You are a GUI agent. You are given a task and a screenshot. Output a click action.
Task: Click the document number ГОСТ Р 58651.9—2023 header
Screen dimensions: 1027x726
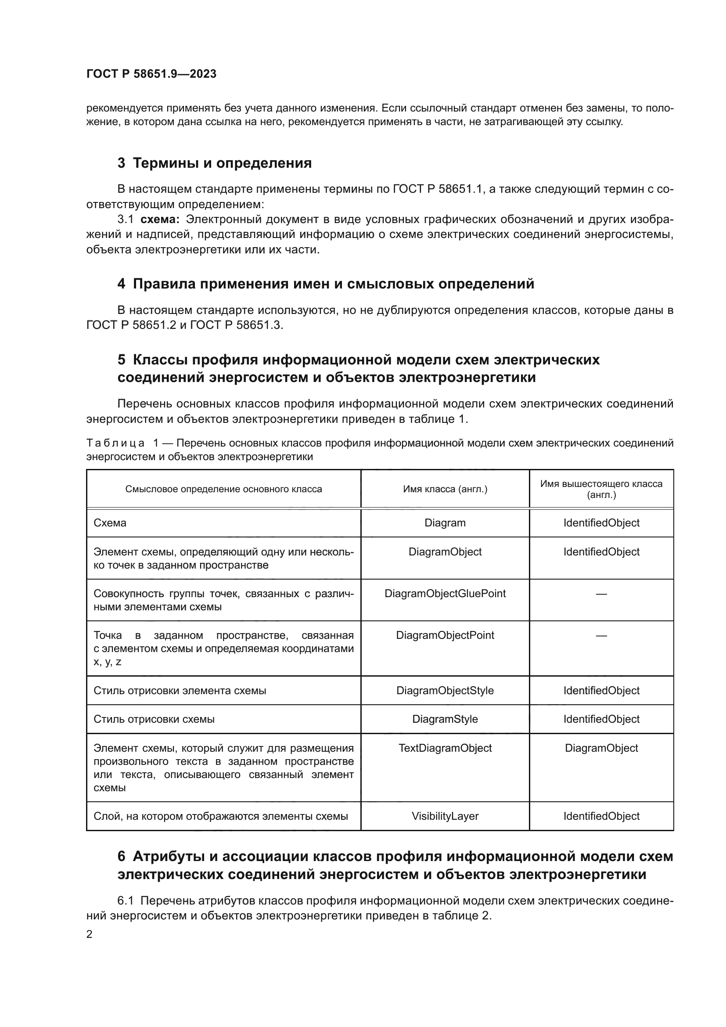pyautogui.click(x=151, y=74)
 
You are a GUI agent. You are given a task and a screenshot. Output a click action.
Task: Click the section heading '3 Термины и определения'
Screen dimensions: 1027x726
pyautogui.click(x=215, y=163)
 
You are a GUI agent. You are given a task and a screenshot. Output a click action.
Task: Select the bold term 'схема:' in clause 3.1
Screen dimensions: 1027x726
pyautogui.click(x=160, y=220)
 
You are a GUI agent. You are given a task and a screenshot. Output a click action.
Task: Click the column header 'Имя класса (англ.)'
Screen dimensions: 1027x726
pyautogui.click(x=445, y=489)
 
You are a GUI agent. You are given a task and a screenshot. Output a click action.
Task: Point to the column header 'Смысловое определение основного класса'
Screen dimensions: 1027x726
pyautogui.click(x=223, y=489)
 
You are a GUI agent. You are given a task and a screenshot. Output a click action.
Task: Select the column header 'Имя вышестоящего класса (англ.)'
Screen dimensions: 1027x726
pyautogui.click(x=601, y=489)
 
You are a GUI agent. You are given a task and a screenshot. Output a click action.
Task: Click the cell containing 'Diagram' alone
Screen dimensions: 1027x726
pyautogui.click(x=445, y=523)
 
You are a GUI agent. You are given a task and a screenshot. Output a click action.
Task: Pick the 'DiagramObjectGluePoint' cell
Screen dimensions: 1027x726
pyautogui.click(x=445, y=594)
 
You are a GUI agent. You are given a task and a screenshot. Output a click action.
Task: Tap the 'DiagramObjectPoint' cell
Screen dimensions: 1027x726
pyautogui.click(x=445, y=635)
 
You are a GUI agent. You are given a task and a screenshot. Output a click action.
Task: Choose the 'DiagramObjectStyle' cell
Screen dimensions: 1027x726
pyautogui.click(x=445, y=691)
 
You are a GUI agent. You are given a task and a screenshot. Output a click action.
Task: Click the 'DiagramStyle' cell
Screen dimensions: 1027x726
pyautogui.click(x=445, y=719)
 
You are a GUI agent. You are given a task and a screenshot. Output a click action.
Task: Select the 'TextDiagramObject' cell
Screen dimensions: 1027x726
pyautogui.click(x=445, y=748)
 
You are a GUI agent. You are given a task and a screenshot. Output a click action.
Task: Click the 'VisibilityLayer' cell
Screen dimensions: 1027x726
pyautogui.click(x=445, y=816)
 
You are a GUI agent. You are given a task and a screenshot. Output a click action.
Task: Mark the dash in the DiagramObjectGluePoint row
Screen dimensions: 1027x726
pyautogui.click(x=601, y=594)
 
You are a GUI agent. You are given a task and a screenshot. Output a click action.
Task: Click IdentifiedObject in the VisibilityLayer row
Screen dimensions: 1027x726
pyautogui.click(x=601, y=816)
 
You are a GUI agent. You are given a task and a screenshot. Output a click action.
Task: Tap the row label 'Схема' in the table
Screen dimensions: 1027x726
pyautogui.click(x=110, y=523)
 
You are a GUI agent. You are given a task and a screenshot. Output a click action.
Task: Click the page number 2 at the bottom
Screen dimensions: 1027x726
pyautogui.click(x=90, y=934)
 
